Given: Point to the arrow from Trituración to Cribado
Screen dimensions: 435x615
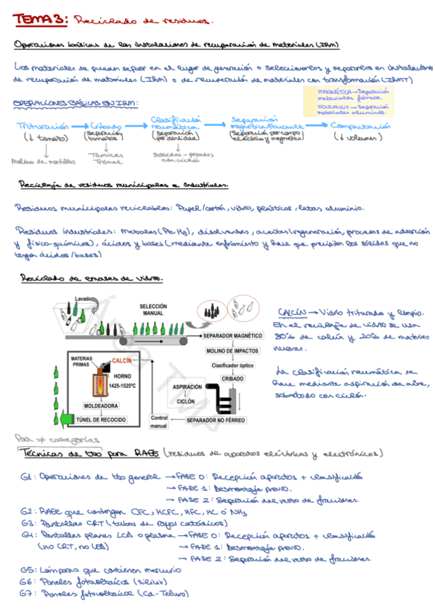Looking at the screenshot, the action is pos(82,126).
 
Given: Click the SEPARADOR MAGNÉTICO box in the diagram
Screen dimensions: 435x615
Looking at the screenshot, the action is pos(232,337).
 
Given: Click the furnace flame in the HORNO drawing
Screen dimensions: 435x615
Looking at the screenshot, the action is pos(95,384).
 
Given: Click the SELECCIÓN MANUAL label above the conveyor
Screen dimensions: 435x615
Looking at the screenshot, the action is pos(152,309).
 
